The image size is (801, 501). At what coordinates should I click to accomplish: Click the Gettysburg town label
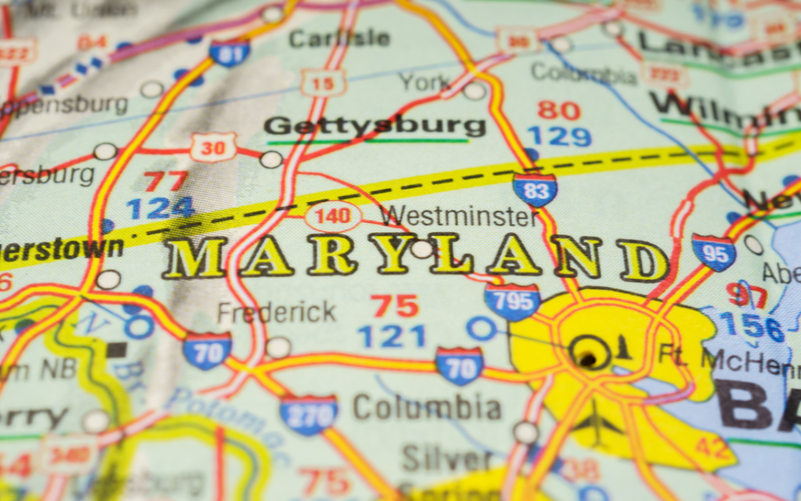[375, 126]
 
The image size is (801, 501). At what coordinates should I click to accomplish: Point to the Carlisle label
[339, 38]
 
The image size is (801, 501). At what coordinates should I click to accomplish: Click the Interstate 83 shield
[535, 189]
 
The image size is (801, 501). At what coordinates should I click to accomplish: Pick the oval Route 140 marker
[333, 217]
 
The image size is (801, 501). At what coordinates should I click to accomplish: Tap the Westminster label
[459, 217]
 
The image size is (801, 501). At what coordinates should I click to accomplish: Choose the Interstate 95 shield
[713, 252]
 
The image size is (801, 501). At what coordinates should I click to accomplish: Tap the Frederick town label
[277, 312]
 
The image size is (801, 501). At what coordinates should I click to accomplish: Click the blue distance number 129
[559, 137]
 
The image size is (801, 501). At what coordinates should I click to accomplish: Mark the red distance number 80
[558, 110]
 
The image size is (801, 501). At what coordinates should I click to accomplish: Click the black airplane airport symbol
[596, 425]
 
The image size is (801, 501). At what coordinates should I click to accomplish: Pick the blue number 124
[160, 208]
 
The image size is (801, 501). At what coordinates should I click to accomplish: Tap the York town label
[424, 82]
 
